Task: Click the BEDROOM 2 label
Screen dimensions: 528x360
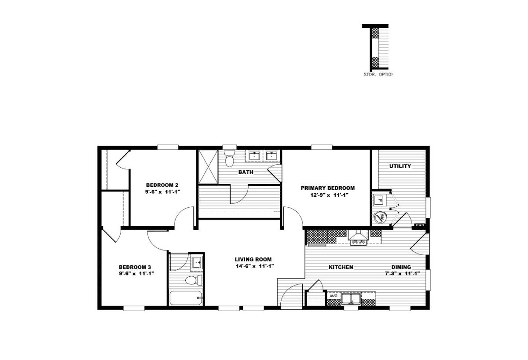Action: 162,185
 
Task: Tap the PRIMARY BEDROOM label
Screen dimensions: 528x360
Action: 328,188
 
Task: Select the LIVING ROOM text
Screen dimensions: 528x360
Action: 253,259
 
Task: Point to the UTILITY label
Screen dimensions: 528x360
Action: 400,166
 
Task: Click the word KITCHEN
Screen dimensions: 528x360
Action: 341,267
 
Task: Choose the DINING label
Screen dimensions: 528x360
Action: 401,267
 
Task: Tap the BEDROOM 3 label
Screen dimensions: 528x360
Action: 135,267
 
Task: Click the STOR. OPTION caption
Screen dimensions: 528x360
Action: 378,74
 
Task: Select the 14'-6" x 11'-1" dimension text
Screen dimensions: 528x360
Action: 255,266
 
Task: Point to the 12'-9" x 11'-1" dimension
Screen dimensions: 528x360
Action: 329,195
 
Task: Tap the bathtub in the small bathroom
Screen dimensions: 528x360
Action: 186,298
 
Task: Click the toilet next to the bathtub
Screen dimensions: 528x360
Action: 194,280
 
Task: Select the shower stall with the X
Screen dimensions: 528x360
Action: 209,167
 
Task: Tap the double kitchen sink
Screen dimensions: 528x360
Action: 351,299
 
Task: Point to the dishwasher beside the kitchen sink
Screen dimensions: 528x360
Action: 334,296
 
